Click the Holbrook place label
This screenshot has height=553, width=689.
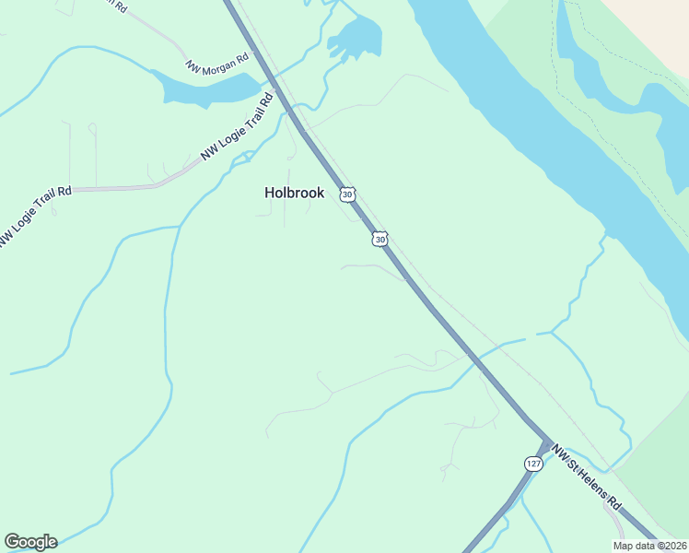click(294, 193)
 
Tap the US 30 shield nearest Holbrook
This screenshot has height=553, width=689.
click(346, 194)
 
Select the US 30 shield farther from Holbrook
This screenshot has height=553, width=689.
click(380, 239)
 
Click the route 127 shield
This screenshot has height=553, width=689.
click(533, 463)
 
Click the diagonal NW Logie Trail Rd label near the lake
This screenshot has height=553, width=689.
click(239, 128)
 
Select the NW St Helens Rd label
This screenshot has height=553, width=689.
click(587, 481)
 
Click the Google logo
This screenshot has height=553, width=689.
click(30, 542)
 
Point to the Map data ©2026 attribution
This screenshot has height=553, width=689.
click(648, 545)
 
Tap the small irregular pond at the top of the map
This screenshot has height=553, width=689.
click(356, 38)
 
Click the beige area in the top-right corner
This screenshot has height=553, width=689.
click(654, 23)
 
